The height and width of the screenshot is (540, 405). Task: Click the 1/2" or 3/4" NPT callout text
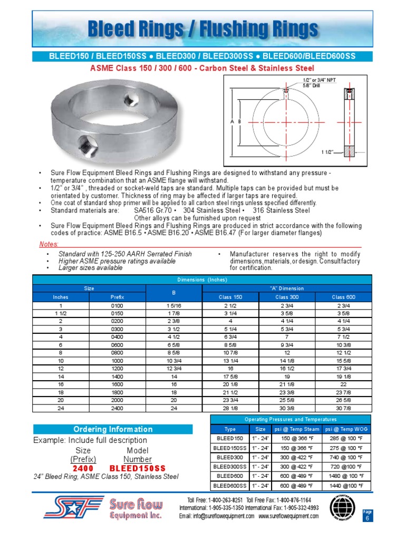[319, 79]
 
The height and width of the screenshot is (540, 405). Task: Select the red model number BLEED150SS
[138, 468]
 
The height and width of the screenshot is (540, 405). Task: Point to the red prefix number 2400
[83, 468]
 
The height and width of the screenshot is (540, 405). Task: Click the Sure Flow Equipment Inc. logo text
[135, 510]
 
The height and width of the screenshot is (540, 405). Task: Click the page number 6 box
[367, 518]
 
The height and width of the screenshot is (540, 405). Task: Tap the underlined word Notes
[49, 244]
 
